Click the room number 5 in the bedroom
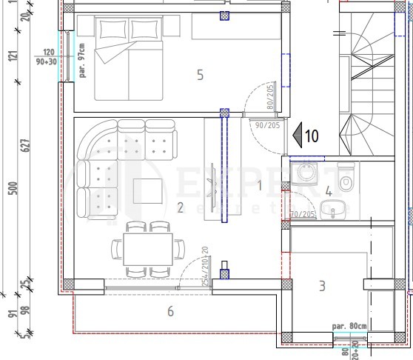click(199, 74)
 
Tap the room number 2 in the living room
click(180, 207)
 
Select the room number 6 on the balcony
click(170, 311)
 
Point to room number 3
click(322, 285)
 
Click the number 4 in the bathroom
click(329, 191)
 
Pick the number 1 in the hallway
click(260, 185)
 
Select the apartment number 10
click(311, 136)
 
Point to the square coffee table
click(148, 192)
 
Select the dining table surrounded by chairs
click(148, 252)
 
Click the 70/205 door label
click(303, 215)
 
